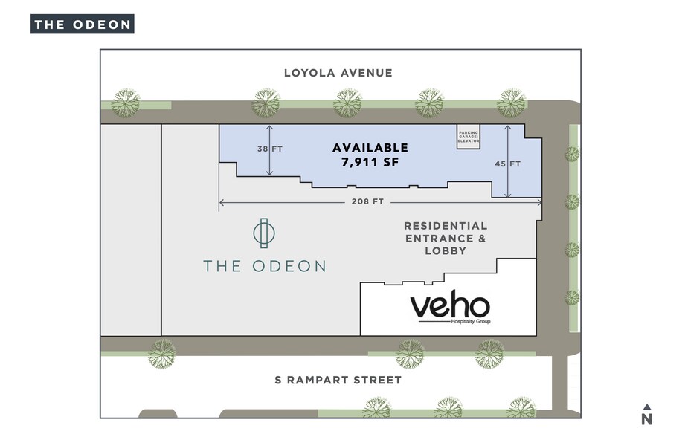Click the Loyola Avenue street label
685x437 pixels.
(x=338, y=73)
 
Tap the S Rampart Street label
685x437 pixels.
(x=338, y=380)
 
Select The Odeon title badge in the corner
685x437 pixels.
(x=82, y=24)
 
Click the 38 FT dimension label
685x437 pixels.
(x=270, y=149)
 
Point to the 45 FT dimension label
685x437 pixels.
(x=508, y=164)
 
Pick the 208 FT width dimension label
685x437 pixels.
(x=367, y=201)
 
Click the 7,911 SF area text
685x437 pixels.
(x=370, y=162)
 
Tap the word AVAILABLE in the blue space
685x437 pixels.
(x=370, y=148)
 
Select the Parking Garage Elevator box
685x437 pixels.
(x=469, y=137)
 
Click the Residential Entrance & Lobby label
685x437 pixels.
(x=445, y=238)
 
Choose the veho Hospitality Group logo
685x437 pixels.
(x=450, y=308)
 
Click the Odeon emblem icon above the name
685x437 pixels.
(x=263, y=233)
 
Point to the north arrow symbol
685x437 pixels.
(x=646, y=407)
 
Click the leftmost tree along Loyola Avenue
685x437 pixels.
(x=126, y=103)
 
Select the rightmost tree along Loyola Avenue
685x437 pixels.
(x=512, y=103)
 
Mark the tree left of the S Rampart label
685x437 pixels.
(x=161, y=354)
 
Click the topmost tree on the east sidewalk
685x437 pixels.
(x=571, y=154)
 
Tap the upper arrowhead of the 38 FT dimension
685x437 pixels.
(x=270, y=127)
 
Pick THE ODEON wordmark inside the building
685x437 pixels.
(x=265, y=266)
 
